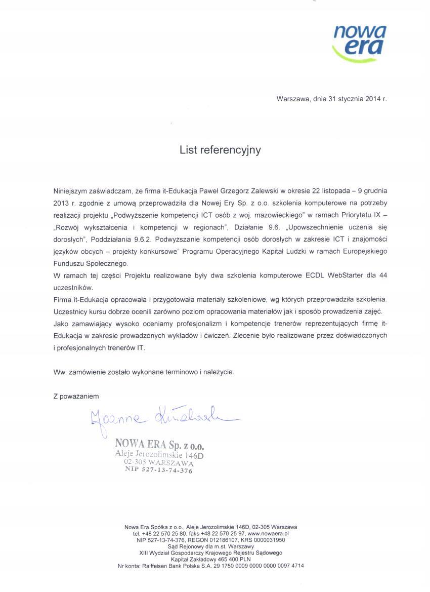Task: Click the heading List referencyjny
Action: (220, 150)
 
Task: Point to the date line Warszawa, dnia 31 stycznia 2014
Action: (331, 99)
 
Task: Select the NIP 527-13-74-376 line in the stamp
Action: (159, 469)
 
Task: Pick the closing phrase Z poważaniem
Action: (76, 396)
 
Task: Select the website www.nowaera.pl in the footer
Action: (268, 534)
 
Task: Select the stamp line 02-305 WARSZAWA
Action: (158, 462)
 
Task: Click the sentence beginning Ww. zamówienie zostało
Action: (144, 372)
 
